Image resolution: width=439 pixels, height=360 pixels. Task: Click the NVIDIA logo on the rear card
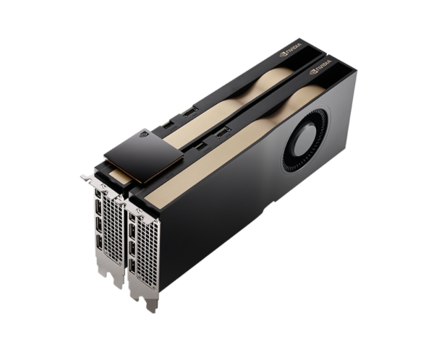click(290, 49)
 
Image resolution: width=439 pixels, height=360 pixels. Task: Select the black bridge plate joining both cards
click(144, 155)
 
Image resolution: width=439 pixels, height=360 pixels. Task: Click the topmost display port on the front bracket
click(132, 217)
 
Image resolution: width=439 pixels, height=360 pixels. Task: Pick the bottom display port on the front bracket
click(132, 266)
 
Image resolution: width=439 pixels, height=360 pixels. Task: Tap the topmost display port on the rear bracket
click(98, 193)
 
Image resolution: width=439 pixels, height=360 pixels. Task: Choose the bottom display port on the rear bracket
click(99, 242)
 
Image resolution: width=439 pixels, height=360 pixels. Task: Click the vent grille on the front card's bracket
click(146, 252)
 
